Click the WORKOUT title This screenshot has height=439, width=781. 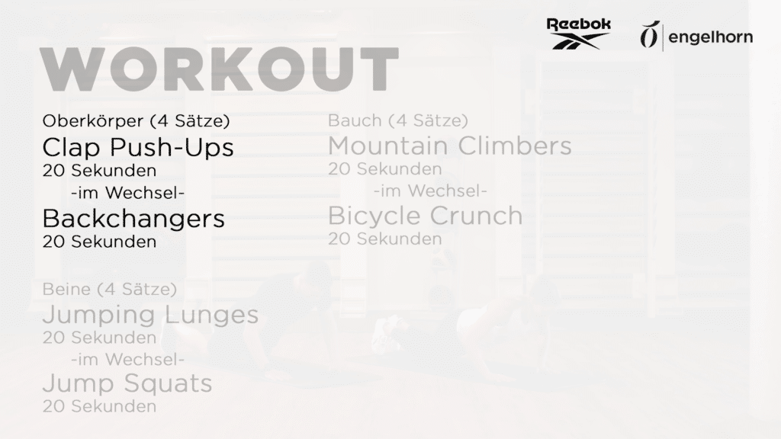(219, 69)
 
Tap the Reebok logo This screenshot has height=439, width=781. (579, 34)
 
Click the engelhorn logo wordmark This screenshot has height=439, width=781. (710, 37)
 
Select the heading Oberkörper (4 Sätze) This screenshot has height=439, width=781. (136, 121)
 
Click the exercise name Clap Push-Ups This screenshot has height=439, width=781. (138, 147)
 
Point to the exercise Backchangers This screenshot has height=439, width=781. (133, 219)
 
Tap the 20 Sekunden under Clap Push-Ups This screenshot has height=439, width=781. (100, 171)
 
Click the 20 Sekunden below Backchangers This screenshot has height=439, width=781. (100, 242)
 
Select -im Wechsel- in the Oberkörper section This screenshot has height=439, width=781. (128, 193)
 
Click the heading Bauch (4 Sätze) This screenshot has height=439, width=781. (398, 120)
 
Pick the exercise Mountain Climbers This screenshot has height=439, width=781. (450, 146)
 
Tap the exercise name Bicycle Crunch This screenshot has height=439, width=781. (426, 216)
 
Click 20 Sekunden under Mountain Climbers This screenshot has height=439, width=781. (385, 169)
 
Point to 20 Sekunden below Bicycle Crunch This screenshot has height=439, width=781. (385, 239)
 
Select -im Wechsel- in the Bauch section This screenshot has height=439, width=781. (430, 191)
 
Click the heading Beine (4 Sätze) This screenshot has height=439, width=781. (110, 289)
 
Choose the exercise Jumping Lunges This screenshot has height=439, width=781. (150, 315)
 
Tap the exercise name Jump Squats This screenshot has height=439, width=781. (127, 384)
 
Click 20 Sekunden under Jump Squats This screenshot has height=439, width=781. (100, 407)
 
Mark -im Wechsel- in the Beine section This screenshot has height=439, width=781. (128, 360)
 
